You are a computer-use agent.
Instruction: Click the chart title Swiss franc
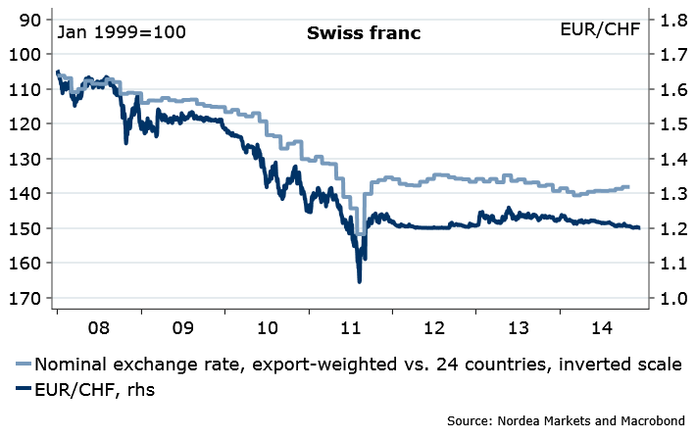click(363, 32)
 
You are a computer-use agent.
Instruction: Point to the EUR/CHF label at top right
click(600, 31)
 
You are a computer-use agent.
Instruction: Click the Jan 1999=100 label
click(122, 31)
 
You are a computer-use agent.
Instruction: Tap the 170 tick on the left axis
click(25, 298)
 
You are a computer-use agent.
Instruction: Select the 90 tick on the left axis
click(29, 20)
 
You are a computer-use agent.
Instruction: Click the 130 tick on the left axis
click(25, 159)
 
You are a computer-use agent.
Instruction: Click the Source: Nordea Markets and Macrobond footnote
click(565, 421)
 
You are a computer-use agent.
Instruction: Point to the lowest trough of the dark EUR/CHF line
click(359, 282)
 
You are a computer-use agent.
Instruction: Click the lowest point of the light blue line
click(360, 233)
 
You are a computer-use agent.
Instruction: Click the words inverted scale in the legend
click(625, 365)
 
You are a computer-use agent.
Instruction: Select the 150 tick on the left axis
click(25, 228)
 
